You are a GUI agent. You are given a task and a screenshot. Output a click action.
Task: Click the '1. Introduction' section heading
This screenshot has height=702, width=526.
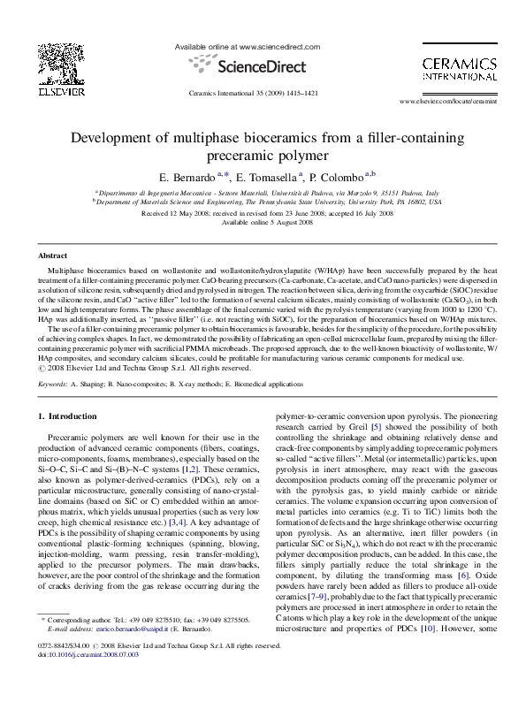72,416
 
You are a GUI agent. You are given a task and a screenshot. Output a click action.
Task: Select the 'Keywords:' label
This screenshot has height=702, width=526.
55,385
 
